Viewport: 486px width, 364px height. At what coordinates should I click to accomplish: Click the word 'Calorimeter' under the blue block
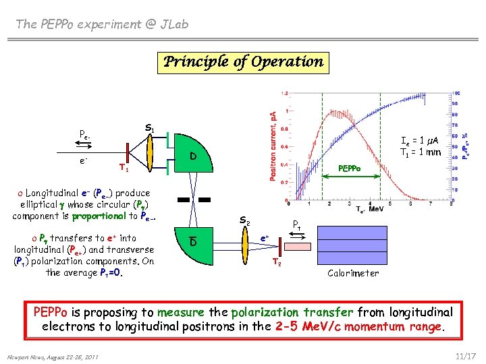tap(353, 273)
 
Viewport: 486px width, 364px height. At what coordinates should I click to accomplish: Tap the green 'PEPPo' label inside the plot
tap(349, 168)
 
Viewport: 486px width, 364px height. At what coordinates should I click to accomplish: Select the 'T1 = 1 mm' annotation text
tap(421, 152)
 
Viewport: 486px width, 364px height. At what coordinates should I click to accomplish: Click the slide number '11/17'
tap(466, 355)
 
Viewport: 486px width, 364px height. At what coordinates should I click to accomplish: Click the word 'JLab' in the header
tap(173, 25)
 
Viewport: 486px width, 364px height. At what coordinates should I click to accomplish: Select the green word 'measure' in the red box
tap(180, 313)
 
